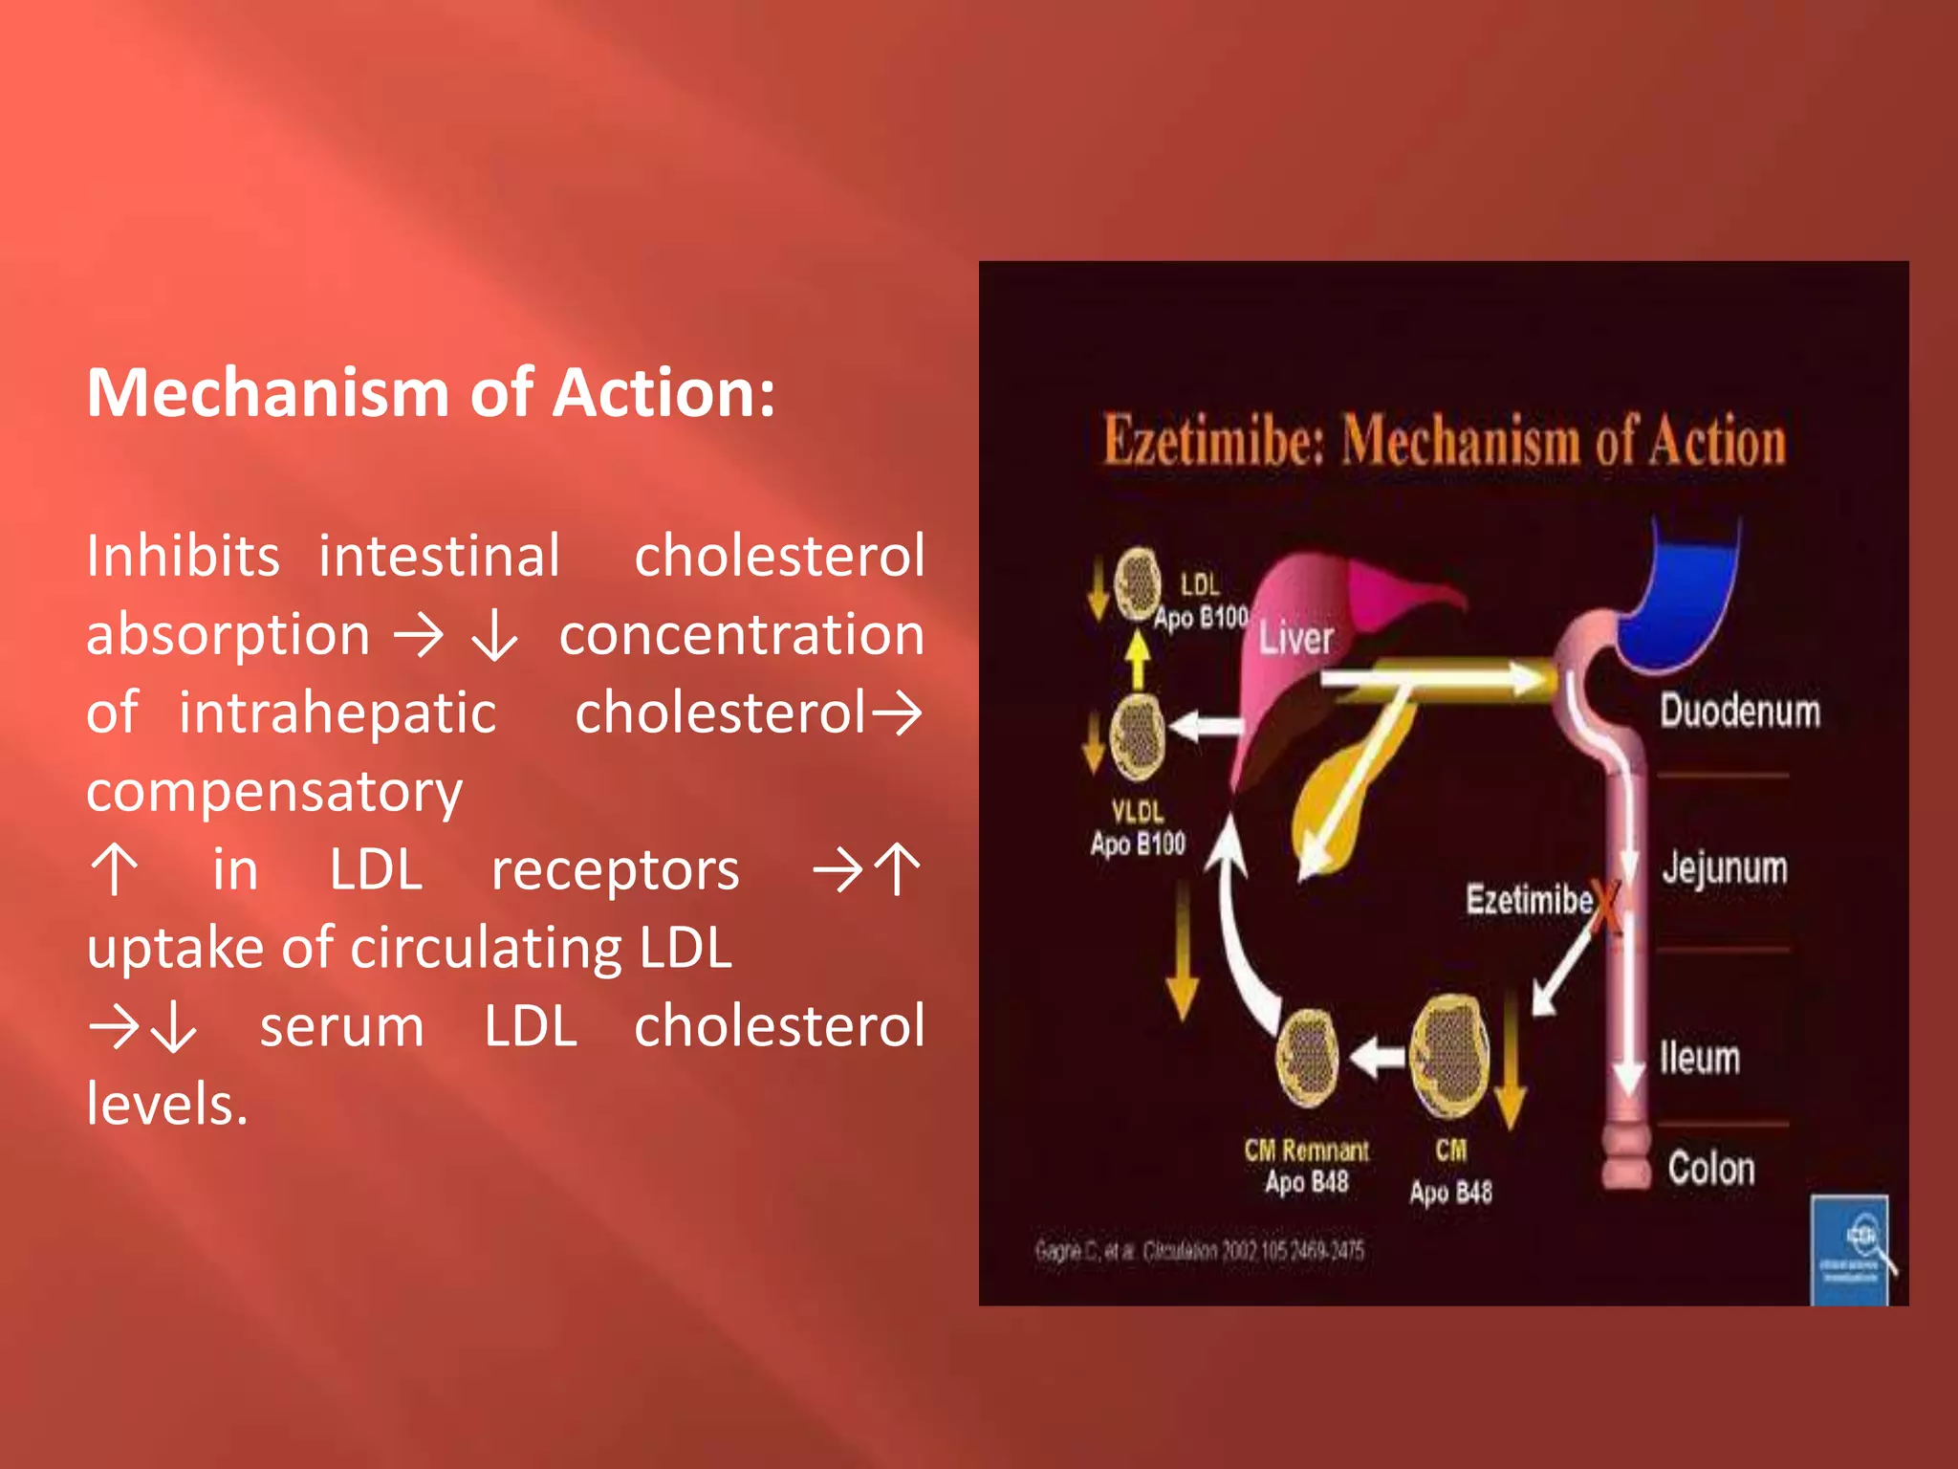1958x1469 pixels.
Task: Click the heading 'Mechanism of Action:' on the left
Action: [430, 393]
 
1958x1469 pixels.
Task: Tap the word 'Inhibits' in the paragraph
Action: [183, 556]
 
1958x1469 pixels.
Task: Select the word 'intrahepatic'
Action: [337, 713]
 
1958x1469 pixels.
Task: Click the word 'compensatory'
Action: [274, 792]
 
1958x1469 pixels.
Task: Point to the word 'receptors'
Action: [615, 870]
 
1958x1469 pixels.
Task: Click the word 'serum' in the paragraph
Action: [341, 1027]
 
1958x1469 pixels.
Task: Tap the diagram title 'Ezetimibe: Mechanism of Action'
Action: [1444, 442]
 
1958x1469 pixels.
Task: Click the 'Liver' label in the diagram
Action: [1295, 638]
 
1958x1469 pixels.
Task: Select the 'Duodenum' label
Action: [1739, 712]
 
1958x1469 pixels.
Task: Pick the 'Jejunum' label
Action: [1724, 868]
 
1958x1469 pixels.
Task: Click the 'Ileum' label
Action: [1699, 1058]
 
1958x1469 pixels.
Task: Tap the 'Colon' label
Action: [1710, 1169]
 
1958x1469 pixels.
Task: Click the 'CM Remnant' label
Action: [1306, 1150]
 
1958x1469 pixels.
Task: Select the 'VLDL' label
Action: [1137, 812]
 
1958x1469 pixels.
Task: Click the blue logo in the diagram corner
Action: [1850, 1249]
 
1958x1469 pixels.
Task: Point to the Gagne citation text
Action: [1199, 1250]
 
